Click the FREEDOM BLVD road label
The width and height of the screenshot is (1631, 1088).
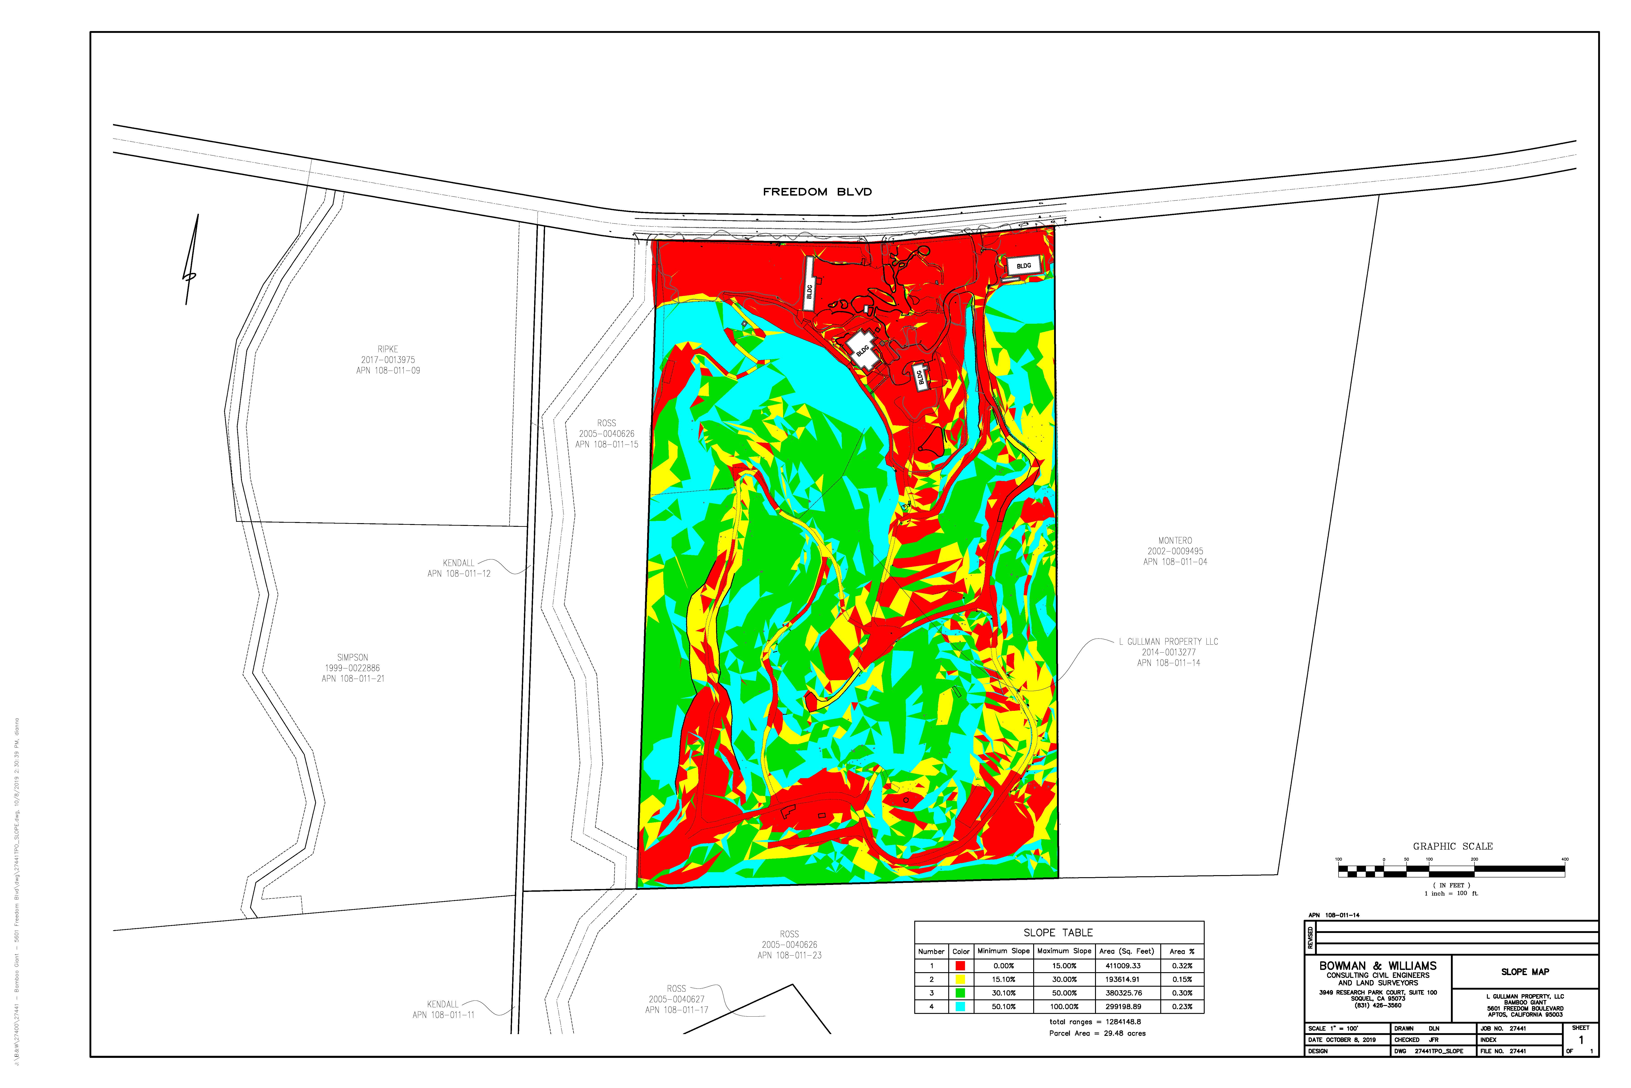click(817, 192)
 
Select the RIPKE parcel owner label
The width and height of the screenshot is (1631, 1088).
click(388, 349)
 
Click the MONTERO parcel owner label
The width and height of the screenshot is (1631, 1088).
click(1175, 541)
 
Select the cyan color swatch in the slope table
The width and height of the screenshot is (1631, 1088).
click(960, 1007)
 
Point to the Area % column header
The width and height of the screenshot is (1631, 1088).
click(1182, 951)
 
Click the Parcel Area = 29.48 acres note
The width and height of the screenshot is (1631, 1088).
click(1097, 1033)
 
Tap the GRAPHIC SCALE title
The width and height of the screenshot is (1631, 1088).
click(1452, 847)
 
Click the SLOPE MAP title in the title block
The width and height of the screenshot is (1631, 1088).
click(1525, 972)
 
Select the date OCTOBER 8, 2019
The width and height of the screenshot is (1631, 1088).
click(1349, 1040)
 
